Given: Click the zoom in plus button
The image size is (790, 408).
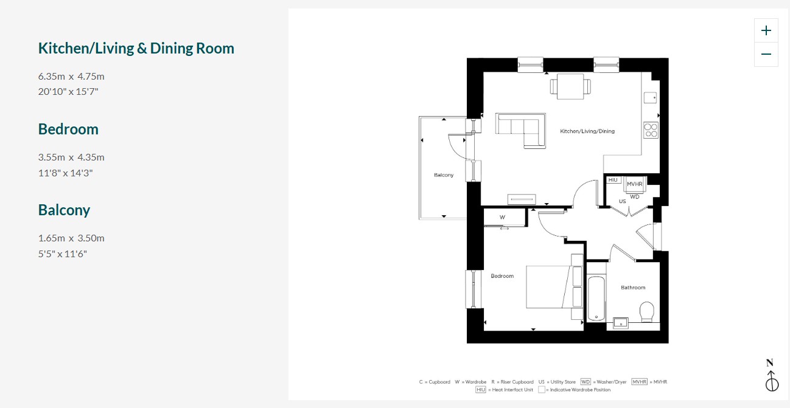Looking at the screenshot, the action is tap(766, 30).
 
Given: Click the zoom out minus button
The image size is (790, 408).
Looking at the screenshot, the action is tap(766, 54).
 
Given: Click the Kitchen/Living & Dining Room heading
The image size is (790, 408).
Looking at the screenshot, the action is tap(136, 48).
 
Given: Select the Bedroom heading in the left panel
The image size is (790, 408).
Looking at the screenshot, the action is tap(68, 130).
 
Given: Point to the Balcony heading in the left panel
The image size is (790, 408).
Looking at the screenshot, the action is tap(64, 210).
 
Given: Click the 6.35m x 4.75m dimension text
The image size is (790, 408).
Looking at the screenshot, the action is tap(71, 76).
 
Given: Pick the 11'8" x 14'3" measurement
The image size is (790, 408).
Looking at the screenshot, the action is tap(65, 173).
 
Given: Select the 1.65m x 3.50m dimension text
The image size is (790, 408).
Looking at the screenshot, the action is tap(71, 238).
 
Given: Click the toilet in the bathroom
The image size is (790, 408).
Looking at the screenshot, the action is tap(647, 311).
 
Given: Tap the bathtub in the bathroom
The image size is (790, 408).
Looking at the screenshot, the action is tap(596, 299).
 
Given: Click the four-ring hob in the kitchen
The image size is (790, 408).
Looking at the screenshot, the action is tap(651, 130).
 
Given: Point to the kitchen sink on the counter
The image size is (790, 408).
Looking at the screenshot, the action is tap(651, 98).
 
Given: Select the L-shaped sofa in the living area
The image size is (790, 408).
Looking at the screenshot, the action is tap(520, 130).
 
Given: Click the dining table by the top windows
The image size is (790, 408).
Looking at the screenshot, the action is tap(570, 87).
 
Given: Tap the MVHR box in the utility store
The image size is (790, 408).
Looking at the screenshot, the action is tap(635, 184).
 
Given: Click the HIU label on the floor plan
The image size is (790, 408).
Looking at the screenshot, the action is tap(613, 180).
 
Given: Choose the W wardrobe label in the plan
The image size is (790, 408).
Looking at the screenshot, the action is tap(502, 218).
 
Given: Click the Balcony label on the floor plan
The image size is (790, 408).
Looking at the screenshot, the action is tap(444, 175).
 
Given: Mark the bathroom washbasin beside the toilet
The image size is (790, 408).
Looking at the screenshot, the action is tap(621, 323).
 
